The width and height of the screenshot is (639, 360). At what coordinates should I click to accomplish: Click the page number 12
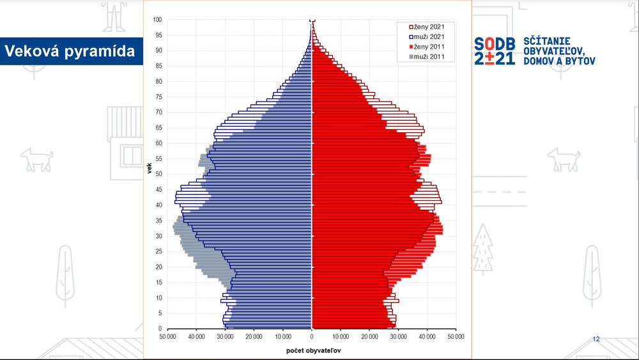click(x=596, y=339)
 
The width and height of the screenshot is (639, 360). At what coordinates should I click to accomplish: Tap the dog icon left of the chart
click(x=36, y=159)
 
